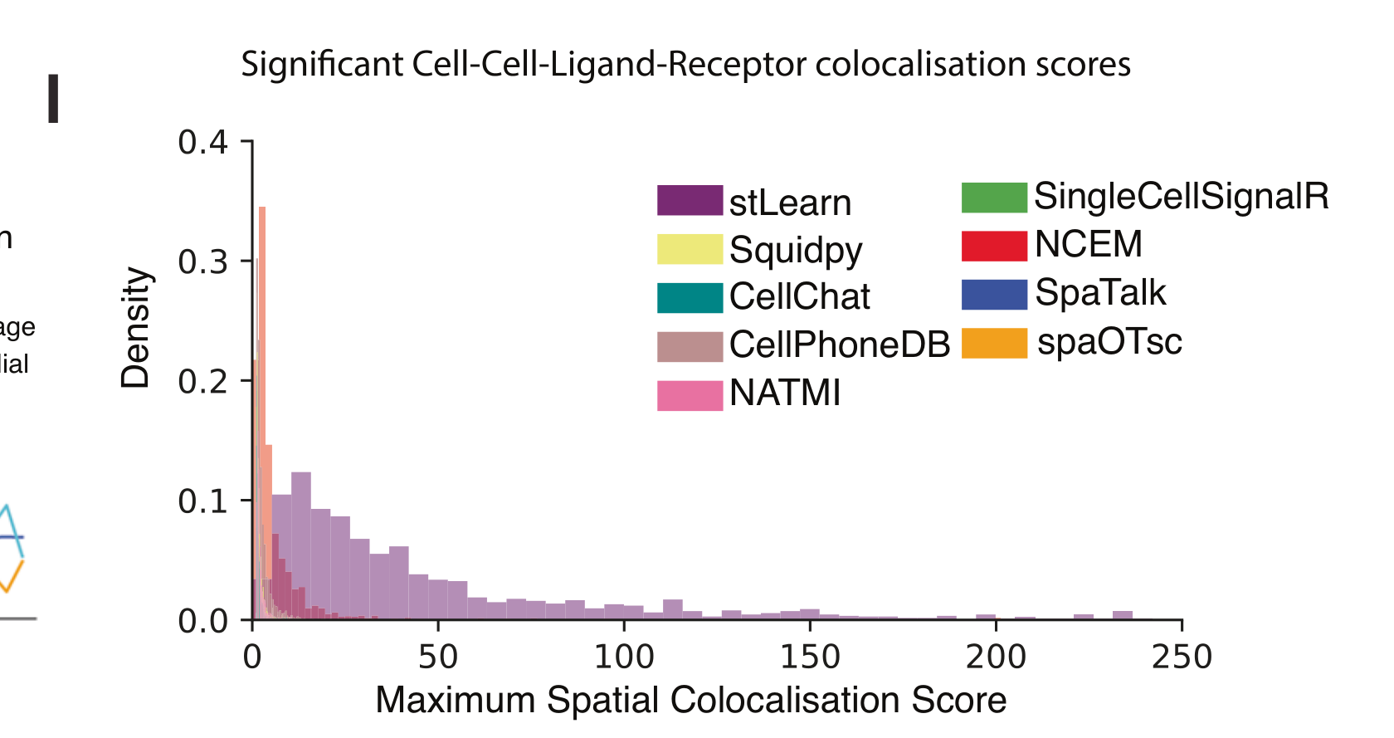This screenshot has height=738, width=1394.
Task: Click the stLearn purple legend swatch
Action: click(x=690, y=201)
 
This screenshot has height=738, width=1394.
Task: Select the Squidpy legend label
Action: click(x=796, y=249)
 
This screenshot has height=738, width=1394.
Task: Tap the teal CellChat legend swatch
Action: click(x=690, y=297)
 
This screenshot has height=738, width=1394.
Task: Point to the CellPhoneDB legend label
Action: click(x=840, y=345)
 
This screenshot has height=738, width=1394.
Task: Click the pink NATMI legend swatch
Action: click(x=690, y=395)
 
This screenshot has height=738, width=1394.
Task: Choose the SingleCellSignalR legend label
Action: click(x=1181, y=197)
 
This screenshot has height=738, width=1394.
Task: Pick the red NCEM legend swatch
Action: click(x=994, y=246)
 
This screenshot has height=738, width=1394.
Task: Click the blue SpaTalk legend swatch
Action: click(x=994, y=294)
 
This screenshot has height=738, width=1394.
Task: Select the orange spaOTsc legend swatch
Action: click(x=994, y=343)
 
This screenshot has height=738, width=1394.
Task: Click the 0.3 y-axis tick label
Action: click(x=202, y=261)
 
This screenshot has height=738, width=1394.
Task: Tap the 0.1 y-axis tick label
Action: click(x=202, y=501)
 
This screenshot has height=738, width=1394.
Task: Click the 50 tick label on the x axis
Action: click(x=437, y=657)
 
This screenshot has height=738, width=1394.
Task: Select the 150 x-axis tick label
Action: click(x=810, y=657)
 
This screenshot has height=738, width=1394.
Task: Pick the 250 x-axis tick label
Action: click(x=1182, y=657)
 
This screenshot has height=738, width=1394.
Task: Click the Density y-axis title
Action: click(x=135, y=328)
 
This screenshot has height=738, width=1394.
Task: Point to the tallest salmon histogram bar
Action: click(x=262, y=332)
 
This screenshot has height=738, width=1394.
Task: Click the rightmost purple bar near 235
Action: click(x=1123, y=615)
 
